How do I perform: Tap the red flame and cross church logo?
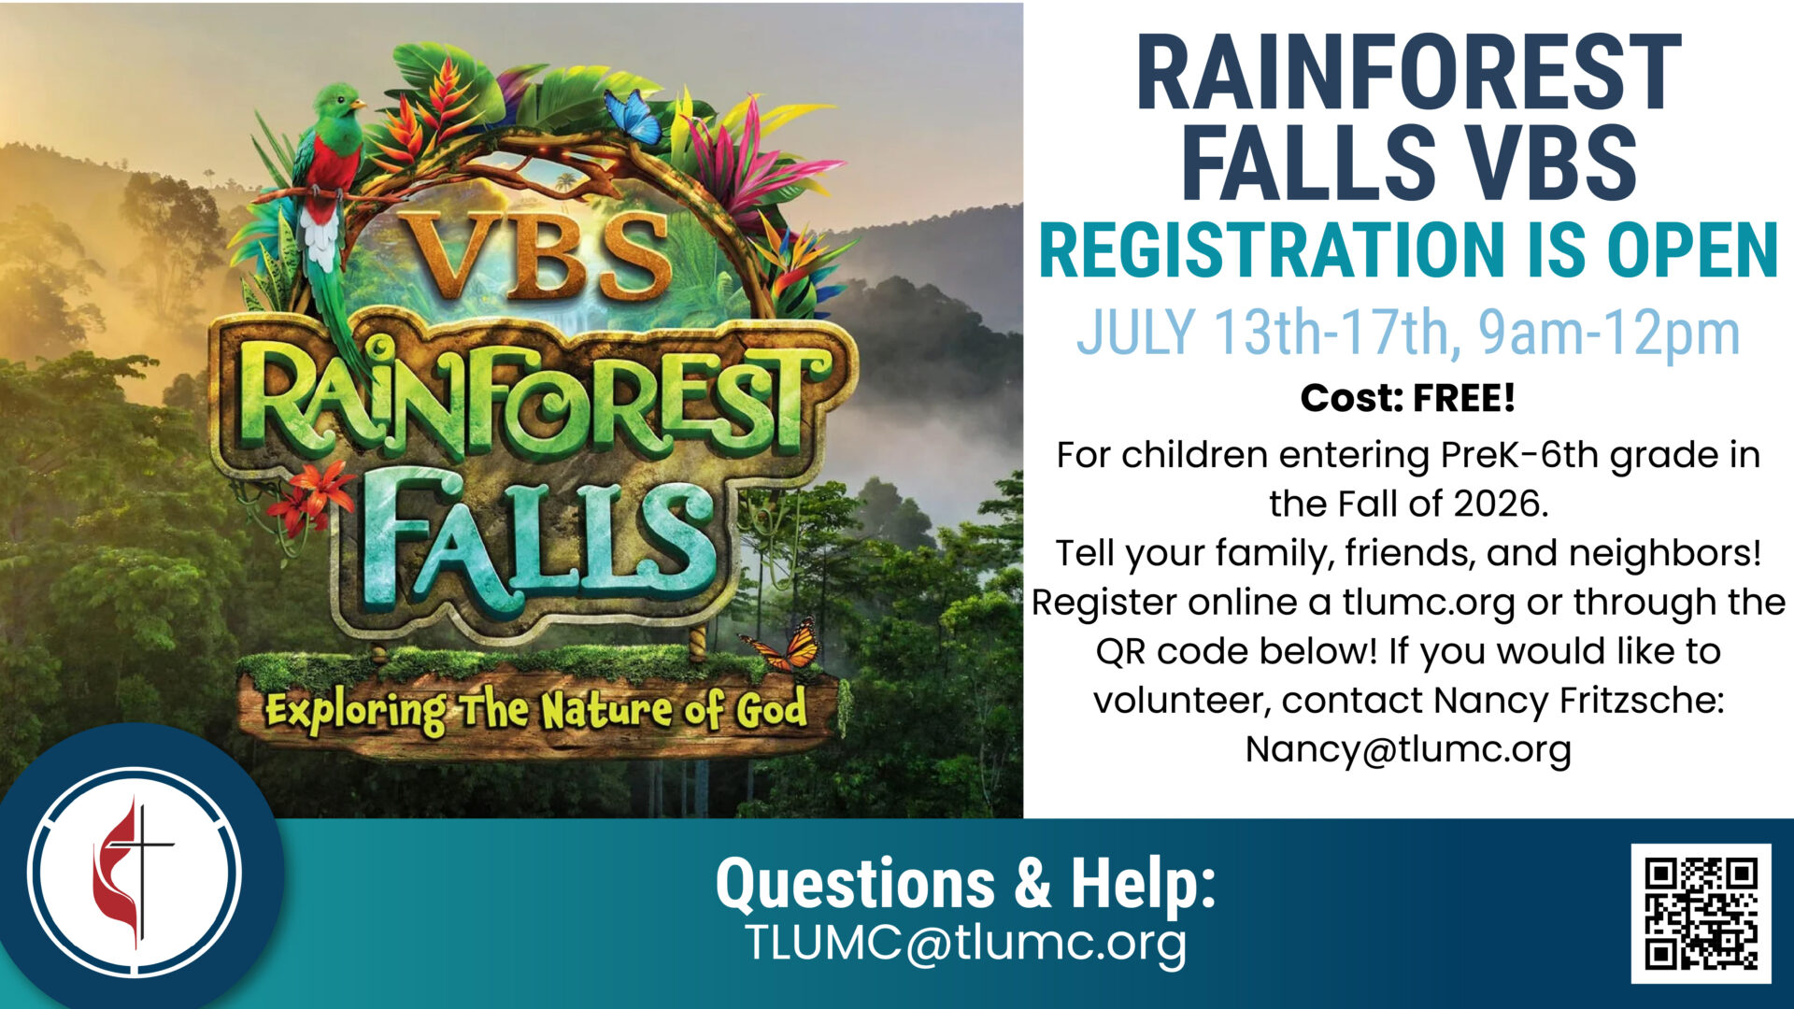coord(134,874)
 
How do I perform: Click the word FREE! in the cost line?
coord(1463,399)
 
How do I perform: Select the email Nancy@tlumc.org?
coord(1408,749)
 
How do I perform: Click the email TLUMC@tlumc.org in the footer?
coord(965,943)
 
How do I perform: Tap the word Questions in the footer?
coord(855,884)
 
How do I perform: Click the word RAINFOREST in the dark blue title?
coord(1408,73)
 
